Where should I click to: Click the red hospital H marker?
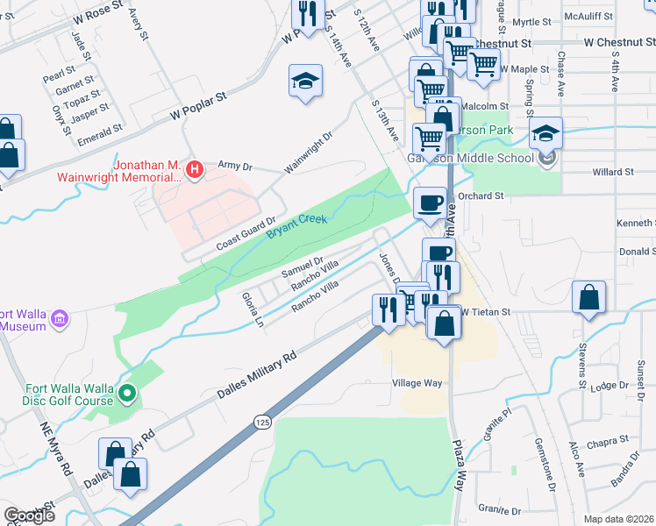(196, 167)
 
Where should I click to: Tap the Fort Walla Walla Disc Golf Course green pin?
(127, 394)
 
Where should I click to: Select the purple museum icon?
(60, 316)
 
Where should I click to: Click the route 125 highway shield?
(263, 423)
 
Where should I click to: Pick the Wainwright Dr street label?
(309, 153)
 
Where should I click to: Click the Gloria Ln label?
(251, 309)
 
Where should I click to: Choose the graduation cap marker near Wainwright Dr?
(305, 82)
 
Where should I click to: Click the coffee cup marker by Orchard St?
(429, 202)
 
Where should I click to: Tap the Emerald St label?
(100, 131)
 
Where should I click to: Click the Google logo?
(29, 515)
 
